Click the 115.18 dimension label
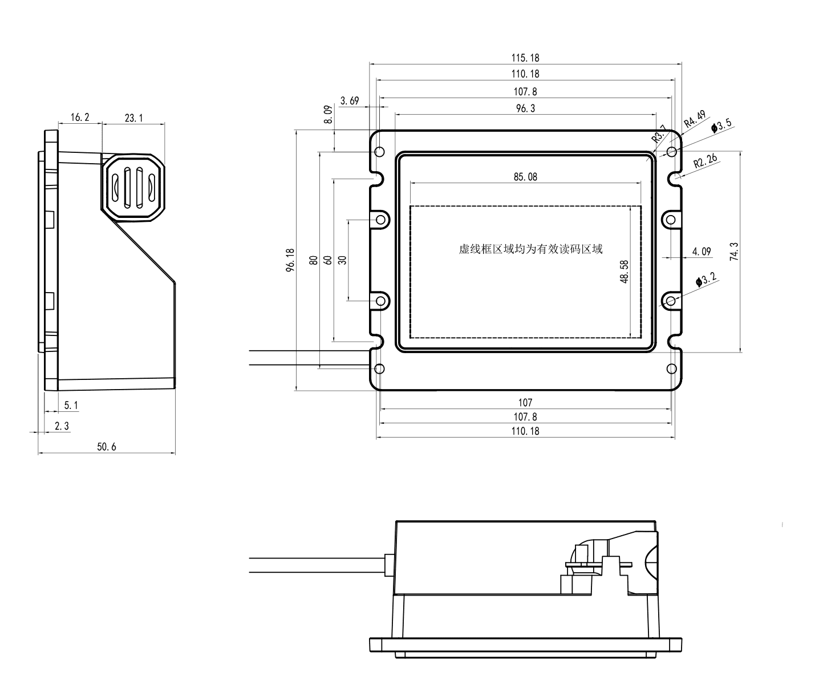point(525,58)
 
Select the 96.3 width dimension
point(525,108)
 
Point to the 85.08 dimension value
point(525,177)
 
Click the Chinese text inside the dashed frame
point(530,249)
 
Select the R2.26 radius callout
point(705,163)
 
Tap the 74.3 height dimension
point(734,252)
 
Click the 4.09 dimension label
point(701,252)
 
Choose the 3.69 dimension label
point(349,101)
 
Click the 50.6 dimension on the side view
point(106,447)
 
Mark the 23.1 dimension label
point(133,118)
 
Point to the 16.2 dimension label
point(79,118)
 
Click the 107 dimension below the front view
point(525,403)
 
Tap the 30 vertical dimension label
point(342,260)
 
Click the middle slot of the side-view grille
point(133,186)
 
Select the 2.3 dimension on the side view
point(62,426)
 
